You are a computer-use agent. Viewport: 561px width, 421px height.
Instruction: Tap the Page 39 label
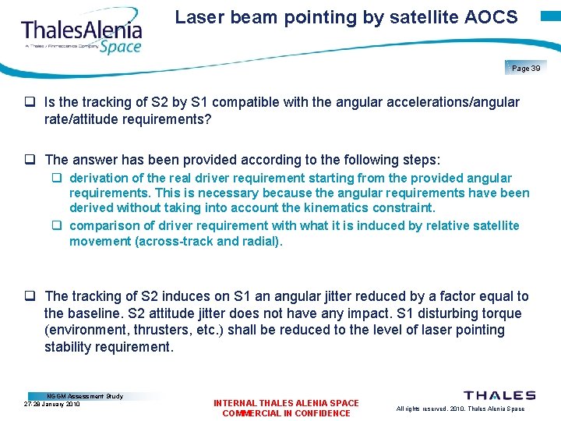[526, 69]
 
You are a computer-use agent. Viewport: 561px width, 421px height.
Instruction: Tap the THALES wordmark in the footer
[499, 396]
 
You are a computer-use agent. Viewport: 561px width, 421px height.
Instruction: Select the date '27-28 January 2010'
[52, 404]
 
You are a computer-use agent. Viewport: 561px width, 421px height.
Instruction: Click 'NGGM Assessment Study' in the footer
[85, 396]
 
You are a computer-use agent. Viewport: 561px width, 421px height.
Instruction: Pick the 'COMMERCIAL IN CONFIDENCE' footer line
[286, 413]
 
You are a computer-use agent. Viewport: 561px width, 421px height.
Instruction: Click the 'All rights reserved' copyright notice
[460, 409]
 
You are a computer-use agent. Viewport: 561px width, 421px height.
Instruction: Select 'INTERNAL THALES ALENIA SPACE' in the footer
[286, 403]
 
